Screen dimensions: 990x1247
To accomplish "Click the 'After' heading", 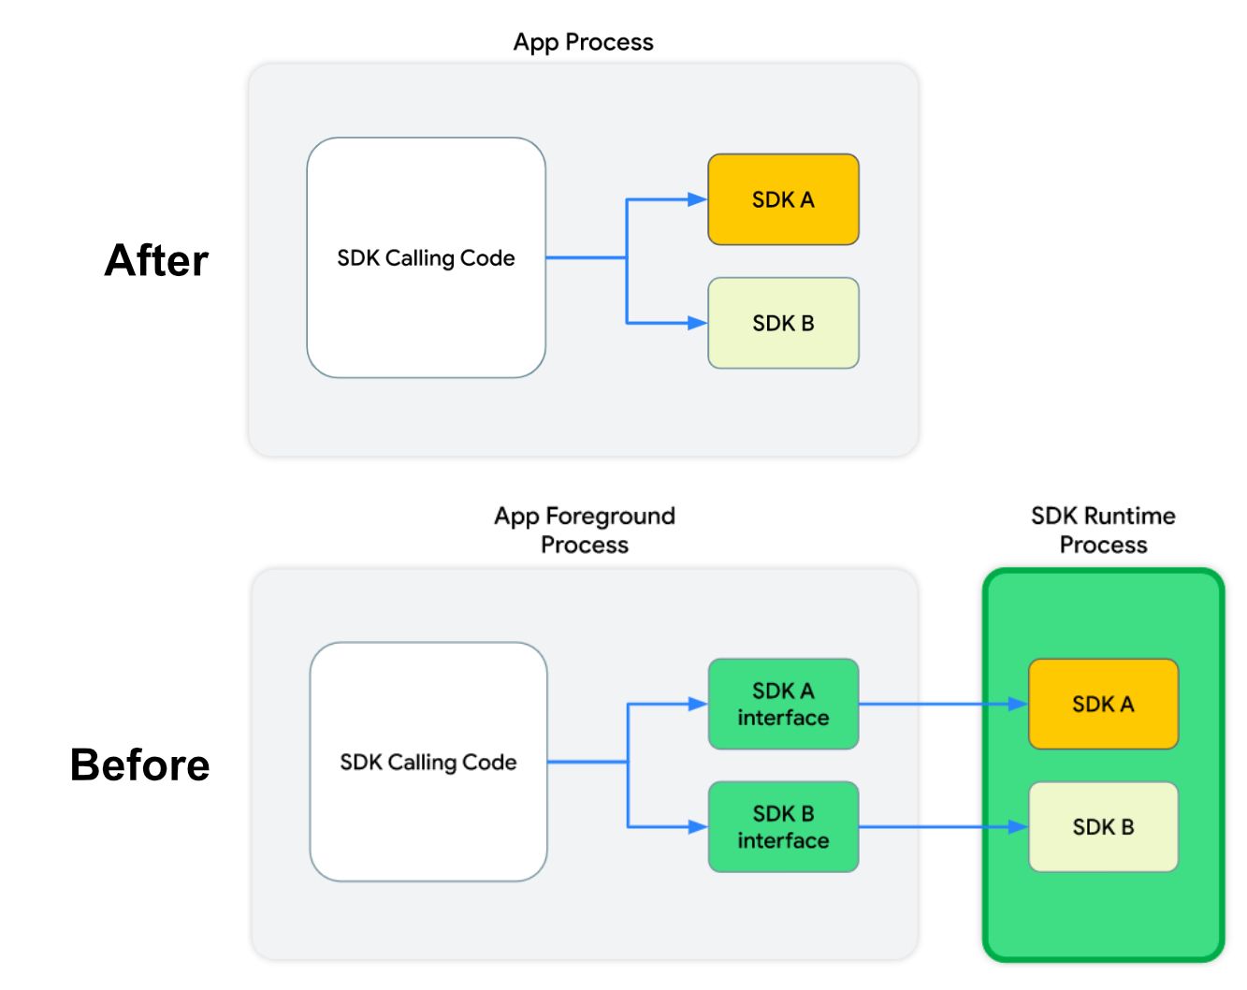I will click(x=156, y=260).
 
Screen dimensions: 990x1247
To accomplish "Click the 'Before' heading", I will click(x=140, y=764).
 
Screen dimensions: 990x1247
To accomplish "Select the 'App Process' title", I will click(x=583, y=42).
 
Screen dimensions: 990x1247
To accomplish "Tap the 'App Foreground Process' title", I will click(x=585, y=530).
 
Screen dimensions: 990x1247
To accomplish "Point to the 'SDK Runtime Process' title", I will click(x=1103, y=530).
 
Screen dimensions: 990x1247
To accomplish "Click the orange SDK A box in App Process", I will click(x=783, y=199).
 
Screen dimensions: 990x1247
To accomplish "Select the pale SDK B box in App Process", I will click(x=783, y=323).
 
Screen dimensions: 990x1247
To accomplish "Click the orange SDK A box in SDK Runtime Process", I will click(x=1103, y=704).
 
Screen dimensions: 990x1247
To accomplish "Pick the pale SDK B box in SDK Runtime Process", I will click(x=1103, y=827).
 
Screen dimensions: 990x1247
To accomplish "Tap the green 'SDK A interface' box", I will click(x=783, y=704).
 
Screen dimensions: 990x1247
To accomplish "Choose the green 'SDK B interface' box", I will click(x=783, y=827).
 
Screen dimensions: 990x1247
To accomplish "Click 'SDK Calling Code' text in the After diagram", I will click(x=426, y=258).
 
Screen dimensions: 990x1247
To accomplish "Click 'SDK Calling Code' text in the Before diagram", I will click(x=428, y=763).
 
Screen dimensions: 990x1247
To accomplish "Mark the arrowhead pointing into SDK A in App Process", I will click(x=698, y=199).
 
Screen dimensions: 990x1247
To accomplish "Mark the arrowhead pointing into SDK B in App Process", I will click(x=698, y=323).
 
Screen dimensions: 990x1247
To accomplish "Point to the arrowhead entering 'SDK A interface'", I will click(x=698, y=704).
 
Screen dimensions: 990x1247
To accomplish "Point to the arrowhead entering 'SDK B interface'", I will click(x=698, y=827).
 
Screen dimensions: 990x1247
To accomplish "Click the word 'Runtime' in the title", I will click(x=1129, y=516).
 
